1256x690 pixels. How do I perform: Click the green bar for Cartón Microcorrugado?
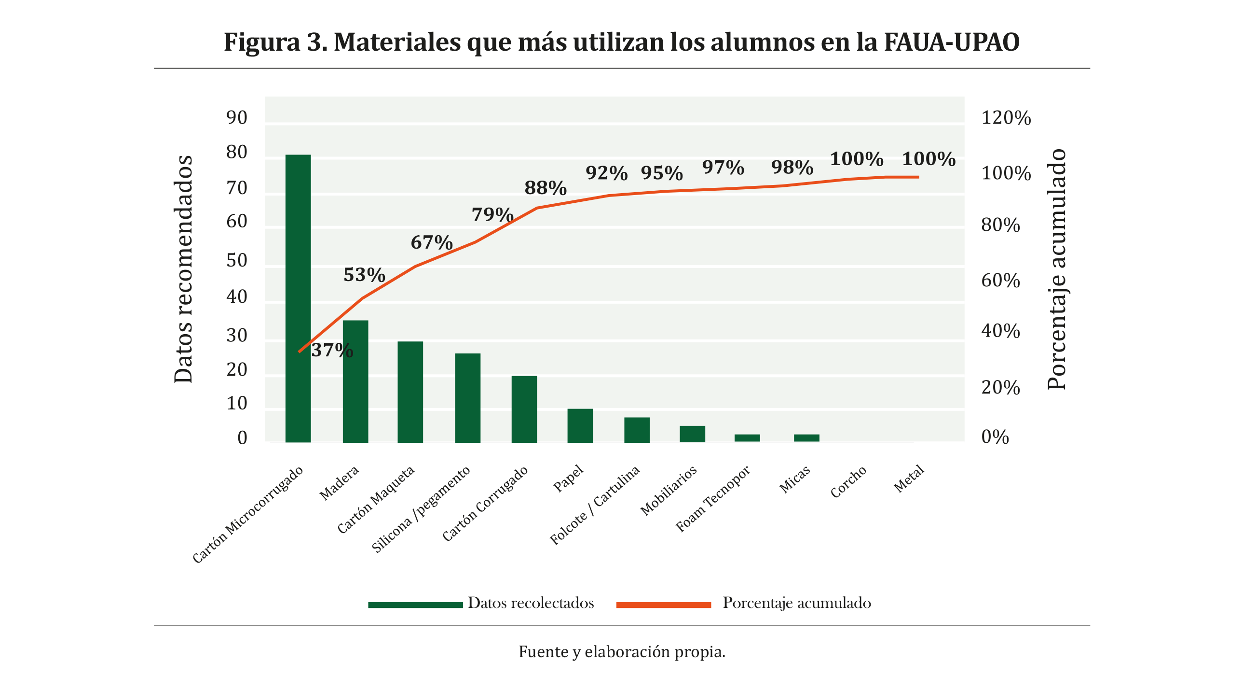coord(298,297)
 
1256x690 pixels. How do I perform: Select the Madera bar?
coord(355,381)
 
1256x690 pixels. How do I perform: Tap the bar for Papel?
coord(580,425)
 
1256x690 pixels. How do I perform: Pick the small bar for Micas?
coord(806,438)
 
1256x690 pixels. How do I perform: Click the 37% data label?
coord(332,351)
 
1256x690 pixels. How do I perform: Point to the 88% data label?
coord(545,188)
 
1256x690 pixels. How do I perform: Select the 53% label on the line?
coord(364,275)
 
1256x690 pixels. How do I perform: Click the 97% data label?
coord(723,168)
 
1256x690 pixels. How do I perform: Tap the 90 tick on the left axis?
coord(237,118)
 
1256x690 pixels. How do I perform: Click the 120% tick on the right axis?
coord(1006,118)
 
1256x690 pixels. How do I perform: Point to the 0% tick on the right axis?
coord(995,437)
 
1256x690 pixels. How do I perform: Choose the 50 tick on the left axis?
coord(237,261)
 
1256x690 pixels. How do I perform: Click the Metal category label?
coord(909,479)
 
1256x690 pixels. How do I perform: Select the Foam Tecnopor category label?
coord(712,499)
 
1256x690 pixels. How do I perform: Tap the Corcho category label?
coord(848,481)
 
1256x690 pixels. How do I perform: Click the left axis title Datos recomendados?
coord(183,269)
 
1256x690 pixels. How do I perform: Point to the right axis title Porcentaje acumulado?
coord(1057,269)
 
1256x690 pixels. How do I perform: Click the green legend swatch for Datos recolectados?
coord(415,605)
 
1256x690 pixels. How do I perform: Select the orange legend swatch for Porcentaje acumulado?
coord(663,605)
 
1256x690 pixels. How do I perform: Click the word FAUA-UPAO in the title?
coord(951,42)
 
